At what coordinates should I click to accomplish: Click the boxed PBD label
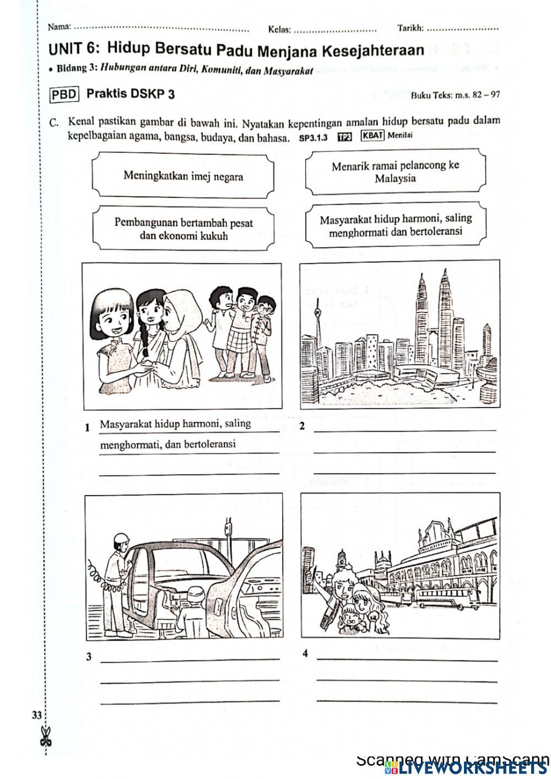pos(65,94)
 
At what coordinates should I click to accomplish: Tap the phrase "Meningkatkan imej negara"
pos(183,176)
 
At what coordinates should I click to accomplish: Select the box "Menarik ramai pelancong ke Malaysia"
pos(395,172)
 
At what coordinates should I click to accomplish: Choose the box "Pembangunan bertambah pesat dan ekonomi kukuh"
pos(183,229)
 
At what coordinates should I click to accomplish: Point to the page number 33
pos(36,716)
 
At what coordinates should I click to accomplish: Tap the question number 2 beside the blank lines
pos(302,426)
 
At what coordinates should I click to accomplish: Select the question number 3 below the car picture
pos(88,657)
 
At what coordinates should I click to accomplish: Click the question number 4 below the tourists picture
pos(305,654)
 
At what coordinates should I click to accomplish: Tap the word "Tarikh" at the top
pos(410,28)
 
